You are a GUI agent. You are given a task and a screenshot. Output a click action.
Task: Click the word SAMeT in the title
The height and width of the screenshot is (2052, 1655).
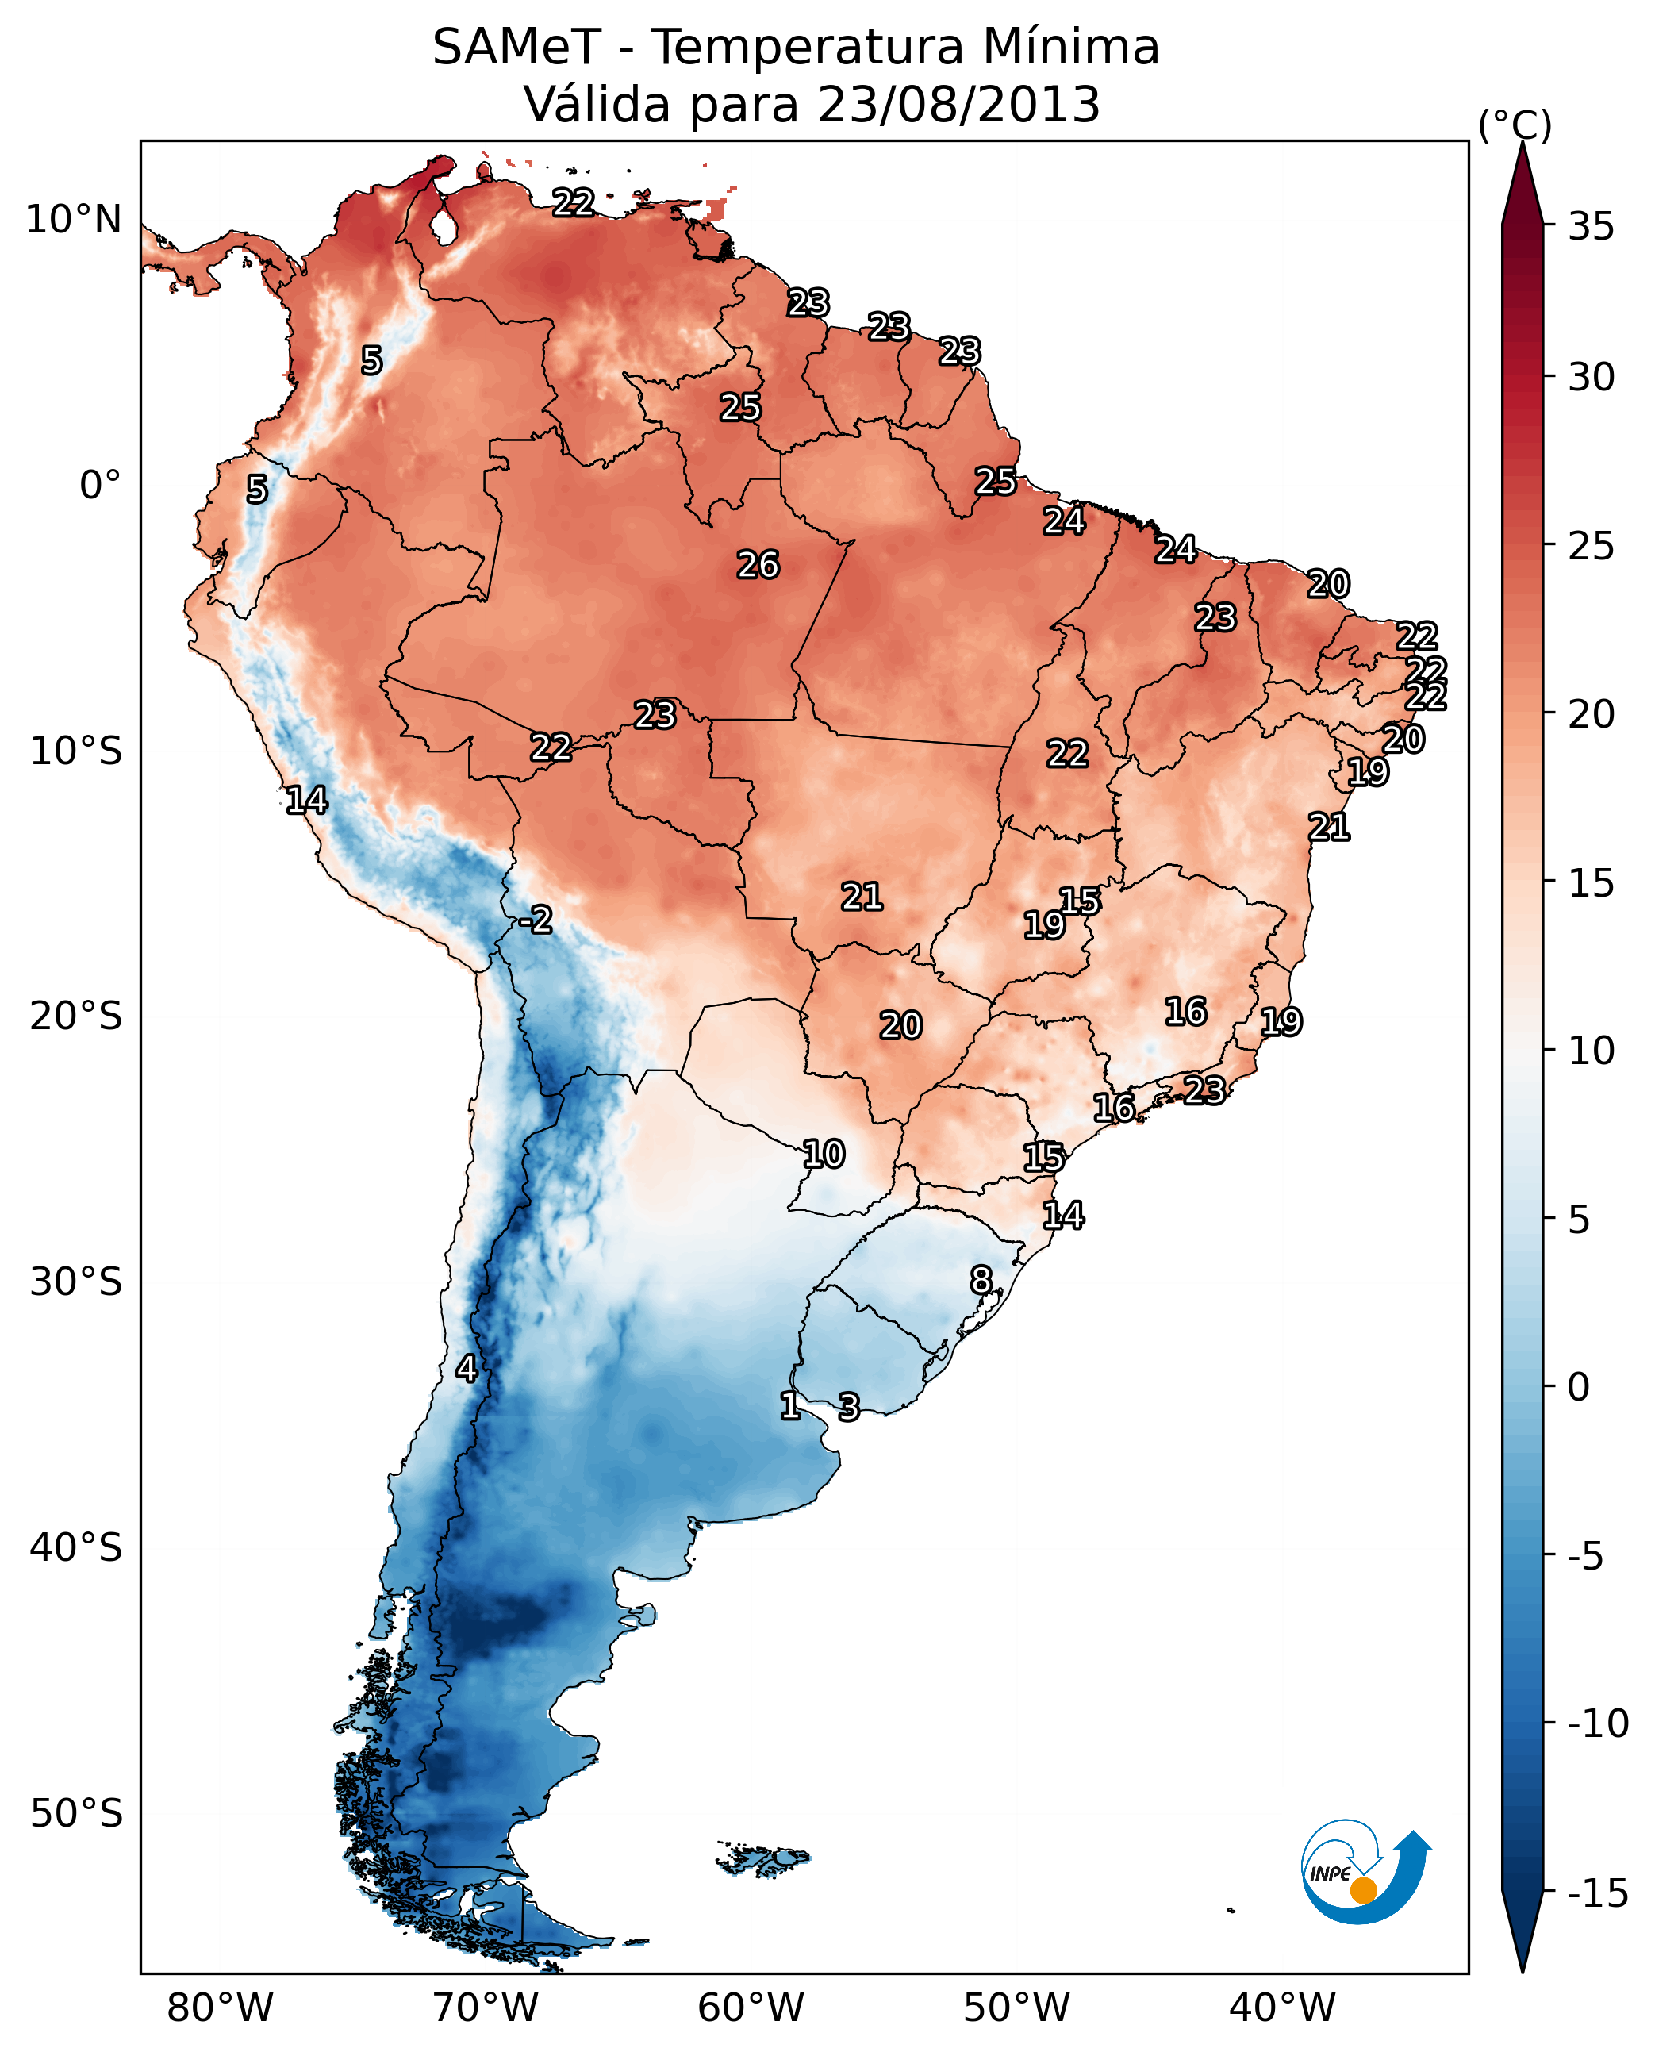coord(516,48)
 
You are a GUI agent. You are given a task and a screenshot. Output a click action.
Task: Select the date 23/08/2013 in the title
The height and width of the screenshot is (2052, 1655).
coord(958,105)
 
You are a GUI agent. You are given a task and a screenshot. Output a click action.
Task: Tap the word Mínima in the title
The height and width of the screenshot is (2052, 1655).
coord(1070,48)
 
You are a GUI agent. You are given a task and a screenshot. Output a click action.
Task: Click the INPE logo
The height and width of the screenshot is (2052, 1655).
coord(1365,1871)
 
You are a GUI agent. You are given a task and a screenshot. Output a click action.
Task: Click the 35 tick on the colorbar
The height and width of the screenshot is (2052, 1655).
coord(1591,227)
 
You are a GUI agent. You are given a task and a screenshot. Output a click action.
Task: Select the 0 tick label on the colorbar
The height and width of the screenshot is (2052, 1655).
coord(1579,1387)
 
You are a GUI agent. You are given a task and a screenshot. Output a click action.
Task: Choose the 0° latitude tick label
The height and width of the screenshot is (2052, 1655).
coord(100,486)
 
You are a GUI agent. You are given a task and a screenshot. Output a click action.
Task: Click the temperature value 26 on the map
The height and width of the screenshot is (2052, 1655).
coord(758,566)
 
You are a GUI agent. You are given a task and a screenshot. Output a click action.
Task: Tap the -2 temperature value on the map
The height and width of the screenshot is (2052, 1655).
coord(536,920)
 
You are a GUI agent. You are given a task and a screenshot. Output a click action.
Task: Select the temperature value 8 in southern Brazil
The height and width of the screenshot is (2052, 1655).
coord(981,1280)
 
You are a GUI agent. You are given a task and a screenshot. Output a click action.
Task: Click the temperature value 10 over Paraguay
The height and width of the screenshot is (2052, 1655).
coord(823,1155)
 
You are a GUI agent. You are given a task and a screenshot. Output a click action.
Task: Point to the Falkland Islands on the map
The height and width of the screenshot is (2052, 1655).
coord(762,1858)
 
